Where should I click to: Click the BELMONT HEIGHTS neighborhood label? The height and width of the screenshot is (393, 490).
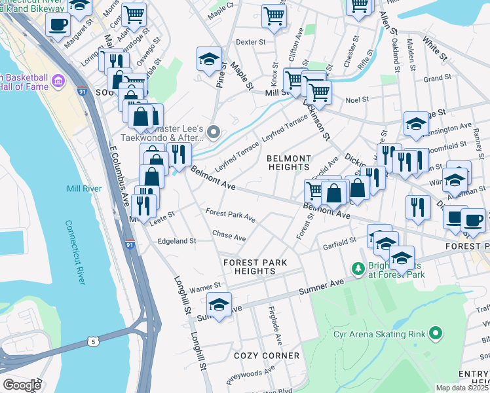tap(289, 163)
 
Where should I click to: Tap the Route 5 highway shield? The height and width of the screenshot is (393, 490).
tap(94, 341)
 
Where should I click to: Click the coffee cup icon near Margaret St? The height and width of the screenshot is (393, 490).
tap(58, 24)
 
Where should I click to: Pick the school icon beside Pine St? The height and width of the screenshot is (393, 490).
tap(208, 59)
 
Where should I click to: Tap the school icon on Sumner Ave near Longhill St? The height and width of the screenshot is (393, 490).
tap(219, 305)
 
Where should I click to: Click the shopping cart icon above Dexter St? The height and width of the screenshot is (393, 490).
tap(274, 15)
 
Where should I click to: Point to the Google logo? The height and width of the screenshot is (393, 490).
tap(22, 385)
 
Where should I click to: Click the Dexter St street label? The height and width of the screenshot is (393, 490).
tap(250, 41)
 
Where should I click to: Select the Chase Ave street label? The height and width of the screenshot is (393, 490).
tap(229, 235)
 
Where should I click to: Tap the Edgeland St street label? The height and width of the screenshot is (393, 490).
tap(177, 241)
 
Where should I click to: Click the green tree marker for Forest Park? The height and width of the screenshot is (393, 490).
tap(358, 268)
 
